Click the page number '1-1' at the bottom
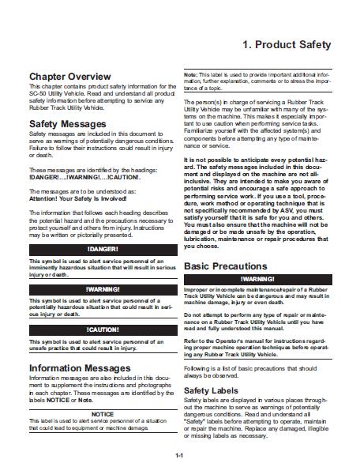(x=180, y=456)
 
